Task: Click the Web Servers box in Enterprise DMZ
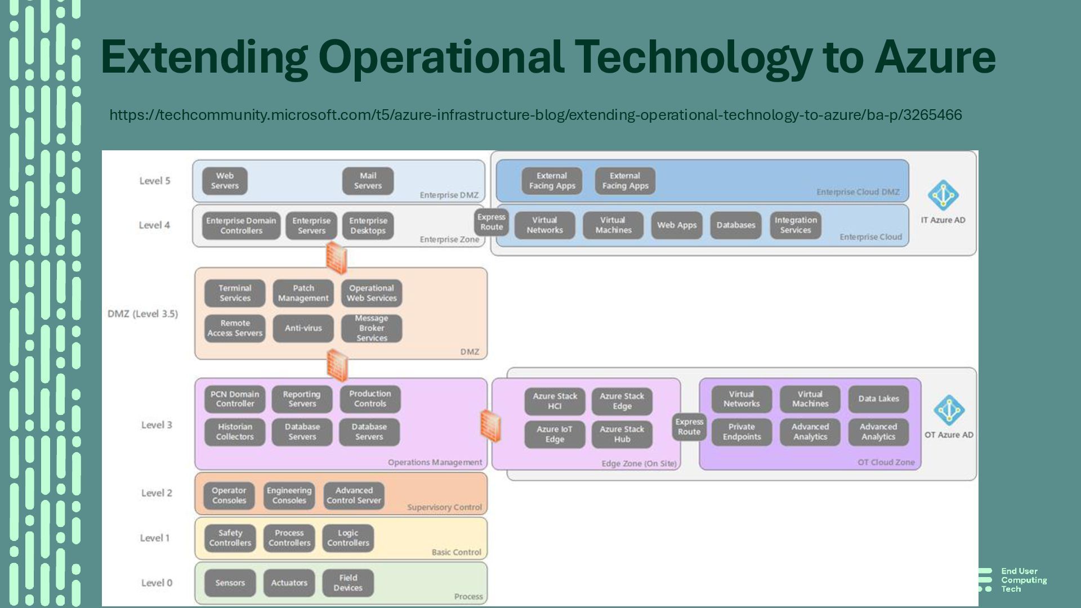coord(225,181)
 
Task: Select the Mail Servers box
coord(368,181)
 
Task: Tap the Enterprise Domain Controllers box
coord(241,226)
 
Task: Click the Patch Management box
coord(303,293)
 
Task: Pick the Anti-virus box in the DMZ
coord(303,328)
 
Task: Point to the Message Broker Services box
coord(372,328)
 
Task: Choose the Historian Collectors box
coord(235,432)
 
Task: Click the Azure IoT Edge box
coord(555,434)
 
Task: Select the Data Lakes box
coord(878,399)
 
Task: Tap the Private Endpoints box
coord(741,432)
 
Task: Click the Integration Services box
coord(796,225)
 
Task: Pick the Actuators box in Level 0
coord(289,583)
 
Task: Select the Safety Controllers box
coord(230,538)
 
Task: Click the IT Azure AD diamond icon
coord(943,195)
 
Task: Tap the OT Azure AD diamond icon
coord(949,410)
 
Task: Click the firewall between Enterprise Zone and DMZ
coord(336,258)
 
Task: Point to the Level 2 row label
coord(157,493)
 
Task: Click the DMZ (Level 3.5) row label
coord(142,314)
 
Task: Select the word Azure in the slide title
coord(935,57)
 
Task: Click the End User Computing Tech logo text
coord(1024,580)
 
